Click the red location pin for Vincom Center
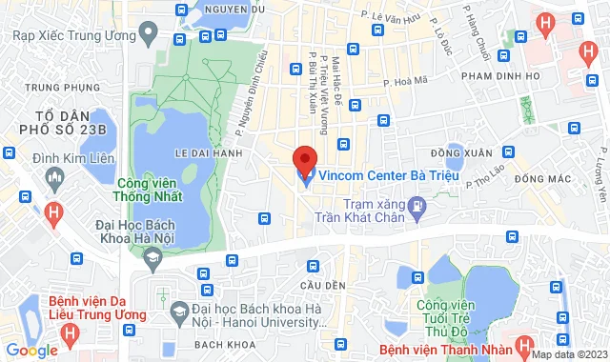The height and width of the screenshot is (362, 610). click(305, 157)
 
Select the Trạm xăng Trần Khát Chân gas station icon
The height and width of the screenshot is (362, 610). click(417, 205)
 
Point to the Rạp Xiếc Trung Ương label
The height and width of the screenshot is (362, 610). click(74, 34)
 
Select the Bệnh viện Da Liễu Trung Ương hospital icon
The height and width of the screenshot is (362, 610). click(70, 335)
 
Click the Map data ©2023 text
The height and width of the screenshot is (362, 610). click(568, 355)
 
